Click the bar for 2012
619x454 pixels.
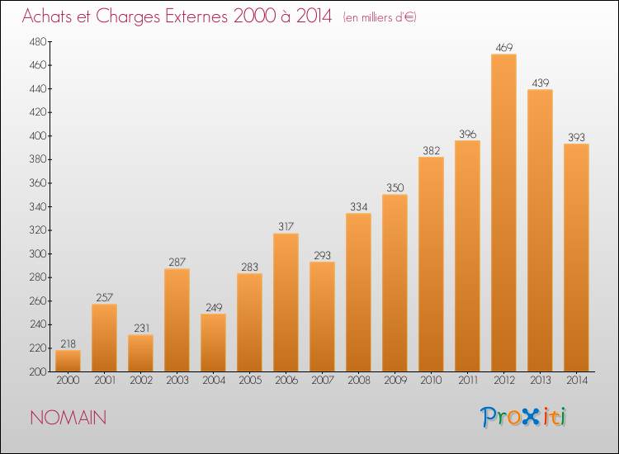tap(503, 213)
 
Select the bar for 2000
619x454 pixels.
tap(68, 361)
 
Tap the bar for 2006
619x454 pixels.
tap(286, 302)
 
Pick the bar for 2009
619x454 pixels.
tap(395, 283)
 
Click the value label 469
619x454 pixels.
tap(503, 48)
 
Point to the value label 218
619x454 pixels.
tap(68, 344)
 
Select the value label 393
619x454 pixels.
tap(576, 137)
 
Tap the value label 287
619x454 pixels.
tap(177, 262)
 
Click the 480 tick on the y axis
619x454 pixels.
tap(38, 42)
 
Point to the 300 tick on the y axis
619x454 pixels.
tap(38, 254)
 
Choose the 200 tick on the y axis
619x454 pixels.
tap(38, 372)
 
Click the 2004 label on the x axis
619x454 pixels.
tap(214, 381)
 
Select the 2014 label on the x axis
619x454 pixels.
tap(577, 381)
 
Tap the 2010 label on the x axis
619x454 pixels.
tap(431, 381)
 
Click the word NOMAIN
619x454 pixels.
tap(69, 418)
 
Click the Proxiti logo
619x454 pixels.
tap(523, 417)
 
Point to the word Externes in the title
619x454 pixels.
tap(196, 17)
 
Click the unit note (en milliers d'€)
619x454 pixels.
tap(380, 17)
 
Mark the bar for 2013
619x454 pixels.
tap(540, 230)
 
